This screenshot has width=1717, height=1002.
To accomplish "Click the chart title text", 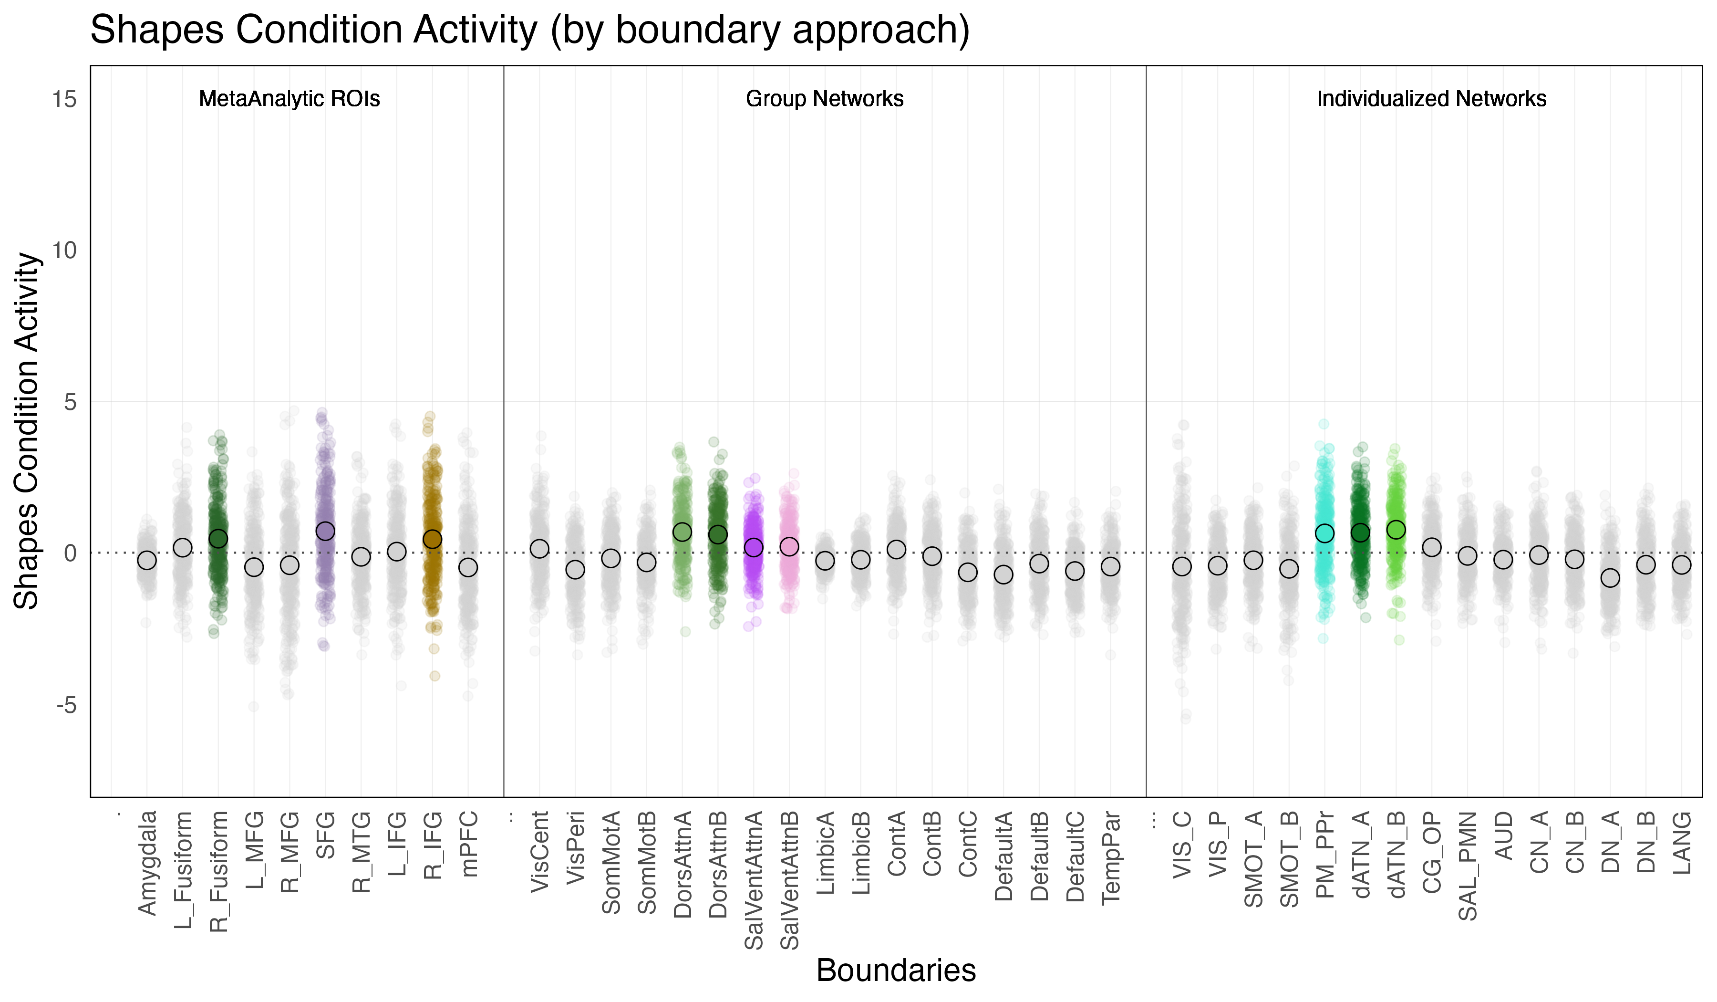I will (529, 30).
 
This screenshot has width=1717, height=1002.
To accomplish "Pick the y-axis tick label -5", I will (66, 705).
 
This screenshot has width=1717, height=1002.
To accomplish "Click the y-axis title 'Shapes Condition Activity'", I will (27, 431).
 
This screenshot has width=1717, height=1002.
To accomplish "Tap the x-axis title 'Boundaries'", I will (896, 970).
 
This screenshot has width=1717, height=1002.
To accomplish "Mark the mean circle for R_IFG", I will (433, 539).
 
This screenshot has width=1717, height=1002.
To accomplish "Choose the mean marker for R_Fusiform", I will (218, 539).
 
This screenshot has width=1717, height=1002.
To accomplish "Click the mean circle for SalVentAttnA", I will (754, 547).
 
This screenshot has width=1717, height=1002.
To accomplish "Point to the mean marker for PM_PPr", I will (1324, 533).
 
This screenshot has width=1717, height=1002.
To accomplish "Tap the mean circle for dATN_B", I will (1396, 530).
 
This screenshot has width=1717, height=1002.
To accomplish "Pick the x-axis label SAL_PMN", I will (1468, 866).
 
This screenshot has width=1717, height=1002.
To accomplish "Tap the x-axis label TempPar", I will (1111, 857).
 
